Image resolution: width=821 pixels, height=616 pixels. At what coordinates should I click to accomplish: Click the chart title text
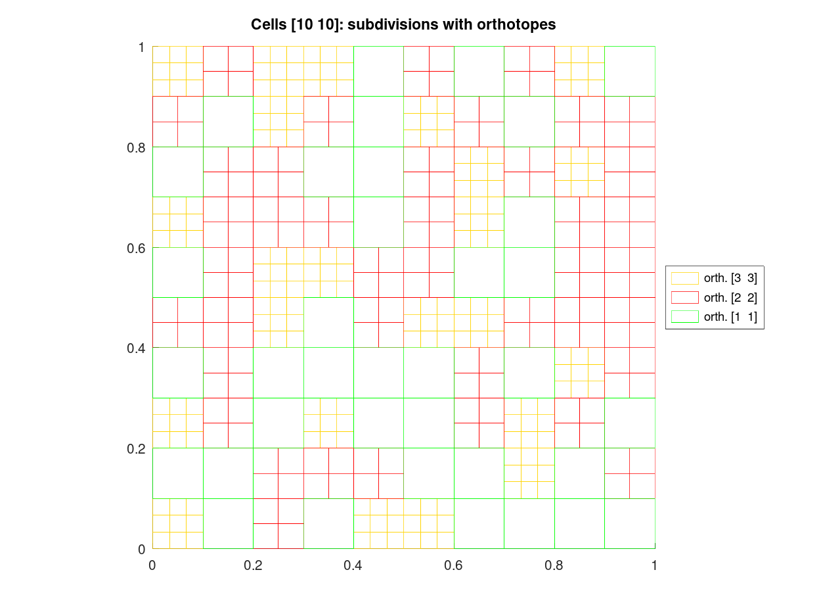pyautogui.click(x=403, y=25)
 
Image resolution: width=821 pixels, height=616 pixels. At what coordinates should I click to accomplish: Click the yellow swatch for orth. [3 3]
pyautogui.click(x=684, y=278)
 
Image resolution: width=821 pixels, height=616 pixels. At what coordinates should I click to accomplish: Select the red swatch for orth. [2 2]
pyautogui.click(x=684, y=297)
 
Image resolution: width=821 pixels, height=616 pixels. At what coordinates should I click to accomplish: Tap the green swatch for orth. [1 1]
pyautogui.click(x=684, y=317)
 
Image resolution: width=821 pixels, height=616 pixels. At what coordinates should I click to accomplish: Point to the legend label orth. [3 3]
pyautogui.click(x=730, y=278)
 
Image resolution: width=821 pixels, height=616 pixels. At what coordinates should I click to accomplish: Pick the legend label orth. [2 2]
pyautogui.click(x=730, y=297)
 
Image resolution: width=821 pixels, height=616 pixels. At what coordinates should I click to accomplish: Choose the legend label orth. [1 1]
pyautogui.click(x=730, y=317)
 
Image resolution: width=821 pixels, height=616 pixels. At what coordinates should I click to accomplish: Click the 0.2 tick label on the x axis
pyautogui.click(x=253, y=565)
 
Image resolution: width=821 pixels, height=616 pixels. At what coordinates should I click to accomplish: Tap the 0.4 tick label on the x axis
pyautogui.click(x=353, y=565)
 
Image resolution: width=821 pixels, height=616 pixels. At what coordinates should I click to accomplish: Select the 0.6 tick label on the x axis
pyautogui.click(x=454, y=565)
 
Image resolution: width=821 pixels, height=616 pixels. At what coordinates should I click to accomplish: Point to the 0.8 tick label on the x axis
pyautogui.click(x=554, y=565)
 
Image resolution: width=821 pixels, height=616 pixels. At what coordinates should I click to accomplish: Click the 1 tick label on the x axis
pyautogui.click(x=654, y=565)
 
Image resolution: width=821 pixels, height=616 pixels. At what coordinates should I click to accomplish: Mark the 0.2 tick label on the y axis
pyautogui.click(x=136, y=448)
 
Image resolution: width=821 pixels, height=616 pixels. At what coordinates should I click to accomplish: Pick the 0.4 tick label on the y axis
pyautogui.click(x=136, y=348)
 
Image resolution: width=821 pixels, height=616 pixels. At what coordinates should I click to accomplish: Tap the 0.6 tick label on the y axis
pyautogui.click(x=136, y=248)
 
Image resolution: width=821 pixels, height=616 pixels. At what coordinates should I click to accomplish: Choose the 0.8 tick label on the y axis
pyautogui.click(x=136, y=147)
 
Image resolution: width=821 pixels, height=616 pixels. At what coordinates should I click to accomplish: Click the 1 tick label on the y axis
pyautogui.click(x=141, y=47)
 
